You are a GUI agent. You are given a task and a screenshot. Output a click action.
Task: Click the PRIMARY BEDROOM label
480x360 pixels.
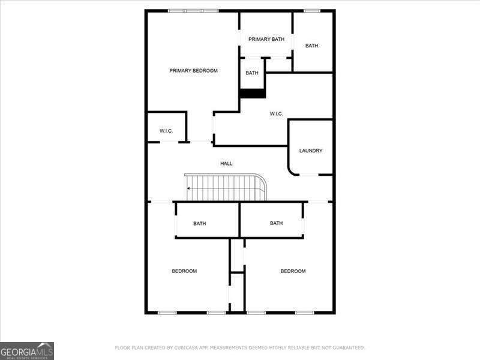[x=193, y=71]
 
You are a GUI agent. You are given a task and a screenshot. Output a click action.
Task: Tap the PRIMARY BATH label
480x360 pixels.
[x=266, y=40]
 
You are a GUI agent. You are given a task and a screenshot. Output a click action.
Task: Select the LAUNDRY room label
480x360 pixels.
[x=311, y=151]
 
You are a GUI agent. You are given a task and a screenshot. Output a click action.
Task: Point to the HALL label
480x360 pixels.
[x=226, y=163]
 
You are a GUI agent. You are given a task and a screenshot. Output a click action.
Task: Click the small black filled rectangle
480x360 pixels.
[x=253, y=94]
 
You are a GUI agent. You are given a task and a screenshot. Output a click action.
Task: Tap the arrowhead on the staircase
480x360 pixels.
[x=188, y=188]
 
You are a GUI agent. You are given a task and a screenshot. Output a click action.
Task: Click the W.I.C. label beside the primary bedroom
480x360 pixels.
[x=166, y=131]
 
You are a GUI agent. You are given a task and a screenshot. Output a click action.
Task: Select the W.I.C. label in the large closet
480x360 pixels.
[x=276, y=114]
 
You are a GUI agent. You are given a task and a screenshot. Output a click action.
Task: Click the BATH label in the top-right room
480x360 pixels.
[x=311, y=46]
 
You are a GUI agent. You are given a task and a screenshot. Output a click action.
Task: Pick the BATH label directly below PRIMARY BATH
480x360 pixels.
[x=252, y=73]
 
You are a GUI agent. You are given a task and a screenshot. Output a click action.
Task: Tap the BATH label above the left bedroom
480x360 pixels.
[x=200, y=224]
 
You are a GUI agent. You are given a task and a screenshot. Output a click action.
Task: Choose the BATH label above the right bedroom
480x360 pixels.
[x=276, y=223]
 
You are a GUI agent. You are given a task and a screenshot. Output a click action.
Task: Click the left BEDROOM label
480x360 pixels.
[x=184, y=271]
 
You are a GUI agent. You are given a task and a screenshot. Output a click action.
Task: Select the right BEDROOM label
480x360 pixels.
[x=293, y=271]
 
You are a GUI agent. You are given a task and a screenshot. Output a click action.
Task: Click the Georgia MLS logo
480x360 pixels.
[x=27, y=350]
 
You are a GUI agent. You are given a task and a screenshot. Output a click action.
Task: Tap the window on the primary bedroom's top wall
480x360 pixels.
[x=193, y=10]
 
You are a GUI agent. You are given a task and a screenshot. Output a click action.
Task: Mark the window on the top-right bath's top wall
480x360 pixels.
[x=311, y=10]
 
